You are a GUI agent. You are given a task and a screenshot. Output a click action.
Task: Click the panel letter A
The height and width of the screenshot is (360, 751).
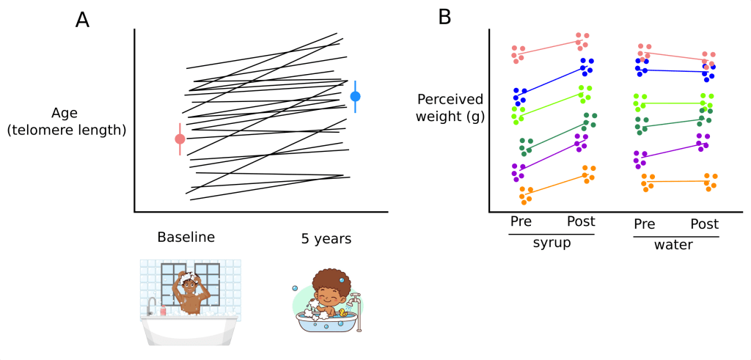click(83, 20)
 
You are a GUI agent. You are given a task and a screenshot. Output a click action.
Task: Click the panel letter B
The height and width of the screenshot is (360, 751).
click(444, 17)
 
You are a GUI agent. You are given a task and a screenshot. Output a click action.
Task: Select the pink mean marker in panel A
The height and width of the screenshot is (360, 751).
click(180, 139)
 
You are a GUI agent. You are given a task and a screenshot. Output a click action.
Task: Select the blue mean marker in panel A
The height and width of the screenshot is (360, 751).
click(356, 96)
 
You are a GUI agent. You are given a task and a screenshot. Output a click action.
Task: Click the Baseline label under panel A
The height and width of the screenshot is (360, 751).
click(186, 238)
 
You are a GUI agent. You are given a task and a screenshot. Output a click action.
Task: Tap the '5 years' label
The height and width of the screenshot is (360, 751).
click(326, 238)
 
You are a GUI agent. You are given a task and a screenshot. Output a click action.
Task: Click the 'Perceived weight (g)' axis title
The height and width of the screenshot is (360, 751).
click(449, 108)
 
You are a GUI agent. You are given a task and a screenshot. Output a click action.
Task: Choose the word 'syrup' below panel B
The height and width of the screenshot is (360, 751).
click(552, 243)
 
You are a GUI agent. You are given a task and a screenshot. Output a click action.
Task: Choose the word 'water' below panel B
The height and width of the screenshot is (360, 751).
click(674, 244)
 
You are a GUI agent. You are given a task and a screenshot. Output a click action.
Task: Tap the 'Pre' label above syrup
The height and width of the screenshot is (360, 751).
click(521, 221)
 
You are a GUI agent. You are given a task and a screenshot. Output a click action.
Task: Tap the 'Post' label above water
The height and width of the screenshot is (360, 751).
click(705, 224)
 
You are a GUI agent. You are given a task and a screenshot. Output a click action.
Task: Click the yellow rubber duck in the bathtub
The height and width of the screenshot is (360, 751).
click(342, 312)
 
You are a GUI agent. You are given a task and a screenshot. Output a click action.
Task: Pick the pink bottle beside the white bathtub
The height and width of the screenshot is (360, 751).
click(163, 311)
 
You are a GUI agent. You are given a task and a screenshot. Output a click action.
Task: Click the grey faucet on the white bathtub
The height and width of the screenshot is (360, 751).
click(151, 304)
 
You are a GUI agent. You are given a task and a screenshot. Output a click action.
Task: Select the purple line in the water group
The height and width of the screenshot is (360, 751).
click(673, 150)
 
